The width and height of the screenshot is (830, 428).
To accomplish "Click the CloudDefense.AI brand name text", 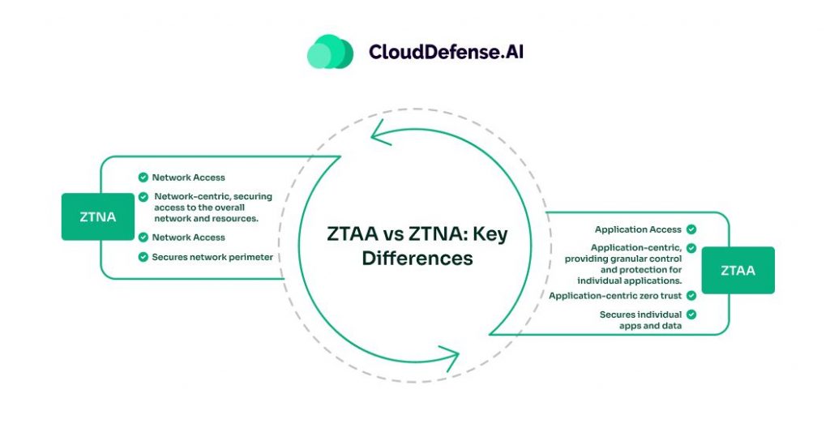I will coord(447,51).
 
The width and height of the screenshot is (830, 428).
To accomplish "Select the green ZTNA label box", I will coord(97,216).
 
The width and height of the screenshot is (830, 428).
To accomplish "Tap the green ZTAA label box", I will coord(738,270).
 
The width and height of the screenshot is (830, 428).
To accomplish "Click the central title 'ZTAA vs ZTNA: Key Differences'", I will coord(416,246).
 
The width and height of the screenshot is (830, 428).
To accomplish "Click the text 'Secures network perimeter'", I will coord(212,257).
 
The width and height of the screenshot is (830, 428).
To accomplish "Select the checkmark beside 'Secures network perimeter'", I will coord(143,257).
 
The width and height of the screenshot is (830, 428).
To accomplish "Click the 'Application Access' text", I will coord(638,229).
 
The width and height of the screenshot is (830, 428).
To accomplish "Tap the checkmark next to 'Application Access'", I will coord(691,229).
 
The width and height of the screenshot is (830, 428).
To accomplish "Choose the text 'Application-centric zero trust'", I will coord(616,296).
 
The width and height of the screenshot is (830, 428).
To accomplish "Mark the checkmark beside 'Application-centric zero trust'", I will coord(691,296).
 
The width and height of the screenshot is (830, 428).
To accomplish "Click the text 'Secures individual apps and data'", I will coord(640,319).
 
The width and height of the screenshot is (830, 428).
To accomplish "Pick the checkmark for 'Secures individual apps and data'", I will coord(691,314).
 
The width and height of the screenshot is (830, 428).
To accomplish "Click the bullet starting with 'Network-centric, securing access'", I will coord(212,208).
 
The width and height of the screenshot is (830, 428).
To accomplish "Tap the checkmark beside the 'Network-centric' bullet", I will coord(143,197).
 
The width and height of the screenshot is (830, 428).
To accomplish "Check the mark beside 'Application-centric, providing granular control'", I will coord(691,247).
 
